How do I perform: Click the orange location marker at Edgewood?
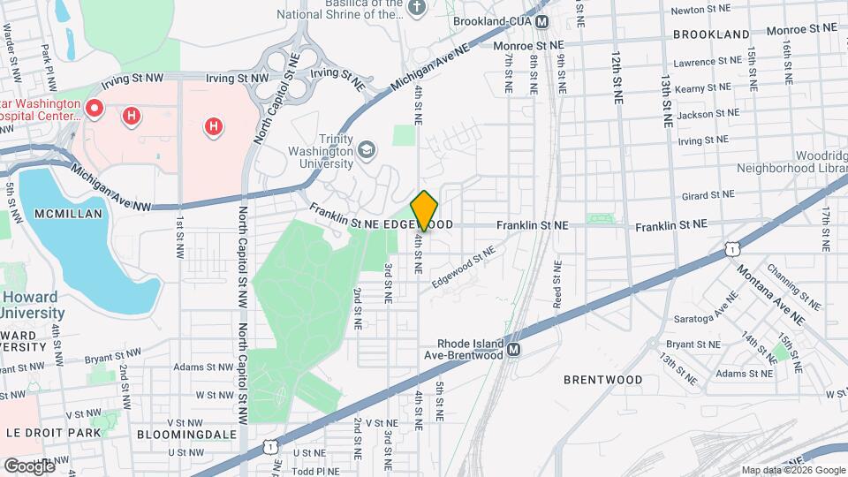click(424, 210)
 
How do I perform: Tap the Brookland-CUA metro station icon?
click(542, 21)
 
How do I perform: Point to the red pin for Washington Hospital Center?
click(94, 110)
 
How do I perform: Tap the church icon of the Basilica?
click(418, 7)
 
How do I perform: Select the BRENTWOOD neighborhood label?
click(603, 380)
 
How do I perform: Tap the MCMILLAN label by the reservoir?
click(69, 214)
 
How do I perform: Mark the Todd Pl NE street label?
click(315, 469)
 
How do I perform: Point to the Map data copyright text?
click(792, 470)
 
